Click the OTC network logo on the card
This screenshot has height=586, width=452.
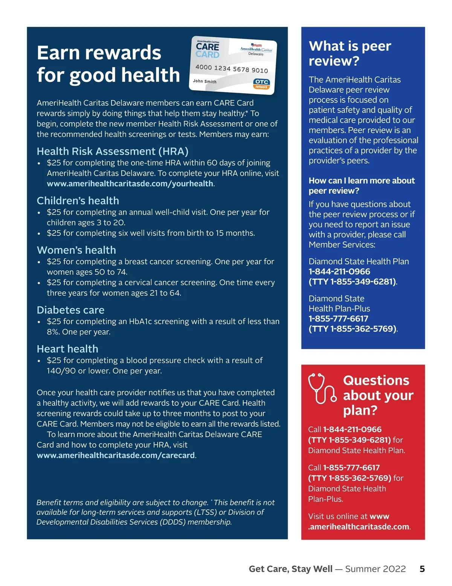tap(261, 84)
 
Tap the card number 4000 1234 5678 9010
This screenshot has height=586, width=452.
tap(231, 68)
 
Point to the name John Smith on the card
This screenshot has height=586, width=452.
tap(205, 81)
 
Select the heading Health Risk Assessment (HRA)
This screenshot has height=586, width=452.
tap(112, 151)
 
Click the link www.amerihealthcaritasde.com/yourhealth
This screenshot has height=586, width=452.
tap(130, 184)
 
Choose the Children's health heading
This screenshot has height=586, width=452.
tap(78, 200)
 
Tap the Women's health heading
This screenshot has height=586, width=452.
tap(76, 250)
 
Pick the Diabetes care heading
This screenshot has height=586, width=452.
tap(70, 310)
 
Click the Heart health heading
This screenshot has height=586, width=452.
tap(67, 349)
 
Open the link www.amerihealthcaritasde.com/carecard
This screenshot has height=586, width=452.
tap(116, 455)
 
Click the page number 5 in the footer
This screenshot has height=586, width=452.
tap(422, 569)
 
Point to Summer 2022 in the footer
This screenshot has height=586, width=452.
tap(375, 569)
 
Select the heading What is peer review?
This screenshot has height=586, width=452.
tap(350, 53)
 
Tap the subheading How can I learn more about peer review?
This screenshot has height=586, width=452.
tap(361, 185)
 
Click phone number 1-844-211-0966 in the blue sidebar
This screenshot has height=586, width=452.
tap(339, 271)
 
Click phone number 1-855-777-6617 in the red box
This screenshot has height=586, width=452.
tap(351, 468)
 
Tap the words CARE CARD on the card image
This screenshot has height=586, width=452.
tap(207, 50)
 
